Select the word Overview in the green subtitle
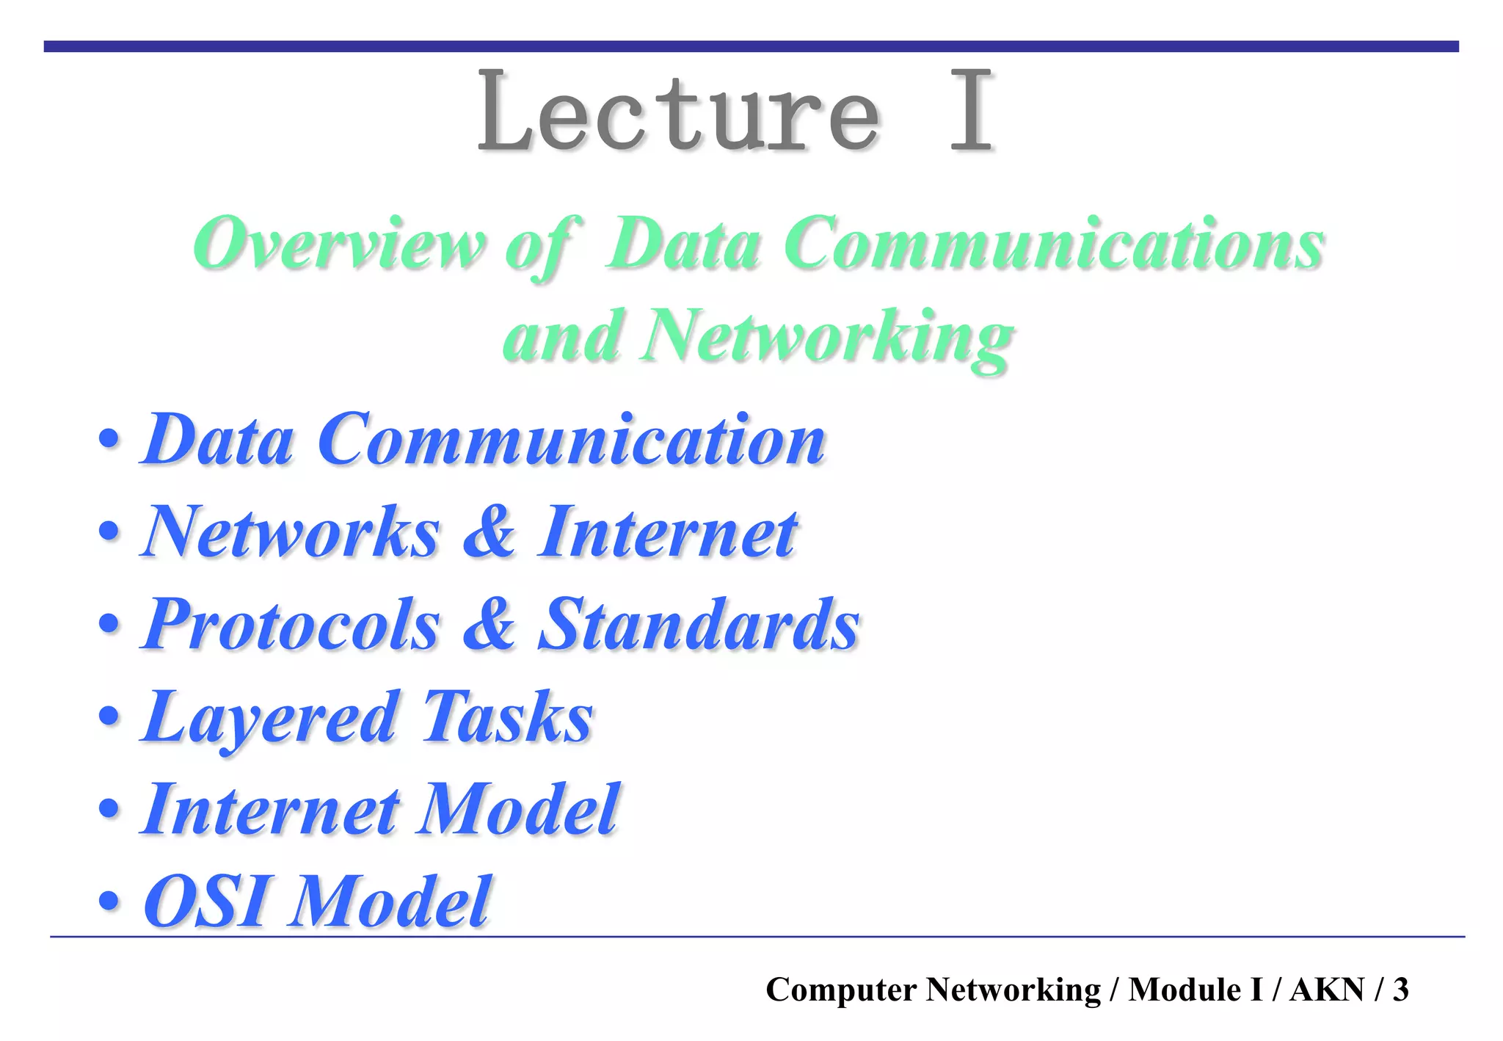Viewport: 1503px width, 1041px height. (339, 244)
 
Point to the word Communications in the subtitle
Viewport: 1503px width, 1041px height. (1054, 244)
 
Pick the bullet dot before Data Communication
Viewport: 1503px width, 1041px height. (109, 440)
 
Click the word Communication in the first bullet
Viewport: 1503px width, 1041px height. (572, 440)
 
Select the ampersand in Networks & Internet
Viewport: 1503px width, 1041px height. (489, 532)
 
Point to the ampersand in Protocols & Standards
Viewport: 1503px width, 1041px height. (489, 625)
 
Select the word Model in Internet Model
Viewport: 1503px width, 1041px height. (518, 810)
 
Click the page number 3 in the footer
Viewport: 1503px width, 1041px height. (1400, 990)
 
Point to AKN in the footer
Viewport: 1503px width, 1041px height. (1327, 990)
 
